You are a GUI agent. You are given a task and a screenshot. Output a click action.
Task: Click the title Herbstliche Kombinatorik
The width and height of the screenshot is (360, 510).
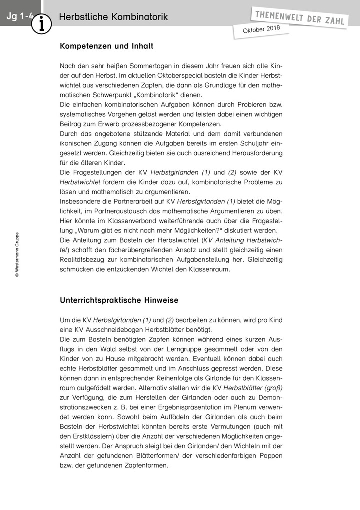(113, 17)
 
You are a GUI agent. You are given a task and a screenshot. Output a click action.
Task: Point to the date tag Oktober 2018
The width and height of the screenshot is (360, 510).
(261, 30)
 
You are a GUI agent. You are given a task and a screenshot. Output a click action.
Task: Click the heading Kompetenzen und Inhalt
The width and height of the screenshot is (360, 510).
(106, 46)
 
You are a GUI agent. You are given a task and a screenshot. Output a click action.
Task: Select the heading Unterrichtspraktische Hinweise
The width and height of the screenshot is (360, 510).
(119, 300)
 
